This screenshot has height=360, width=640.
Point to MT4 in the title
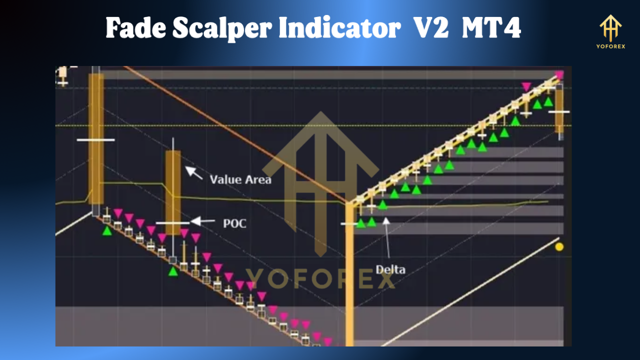coord(491,29)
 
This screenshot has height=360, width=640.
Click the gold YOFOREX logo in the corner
coord(610,31)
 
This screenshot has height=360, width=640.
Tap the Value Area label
coord(240,179)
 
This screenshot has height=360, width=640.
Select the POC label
coord(234,223)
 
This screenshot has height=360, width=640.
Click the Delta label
coord(390,269)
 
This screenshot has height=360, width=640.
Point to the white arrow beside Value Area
coord(194,173)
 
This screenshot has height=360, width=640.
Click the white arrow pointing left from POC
coord(203,221)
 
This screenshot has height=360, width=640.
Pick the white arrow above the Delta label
coord(387,235)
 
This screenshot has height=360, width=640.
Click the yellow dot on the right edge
coord(559,246)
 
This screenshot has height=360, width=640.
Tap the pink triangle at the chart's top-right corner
coord(559,75)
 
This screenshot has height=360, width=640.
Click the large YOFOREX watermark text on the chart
coord(320,279)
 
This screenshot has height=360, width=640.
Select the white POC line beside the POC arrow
coord(172,222)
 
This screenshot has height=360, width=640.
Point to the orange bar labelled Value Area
coord(173,192)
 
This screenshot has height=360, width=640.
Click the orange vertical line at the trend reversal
coord(349,280)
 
